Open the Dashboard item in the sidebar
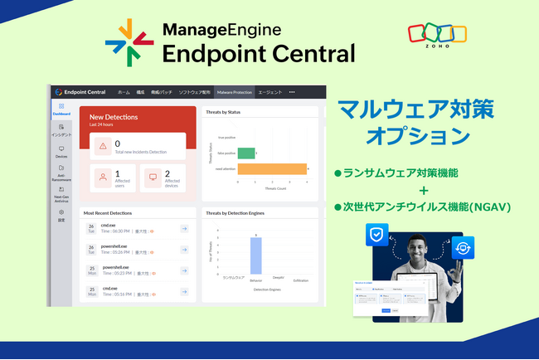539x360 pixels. click(x=61, y=109)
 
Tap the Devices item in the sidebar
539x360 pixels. click(x=61, y=152)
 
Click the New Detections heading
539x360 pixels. click(x=114, y=118)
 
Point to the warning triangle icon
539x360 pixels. click(x=103, y=146)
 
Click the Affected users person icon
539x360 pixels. click(x=103, y=177)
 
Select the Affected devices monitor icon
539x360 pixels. click(x=152, y=177)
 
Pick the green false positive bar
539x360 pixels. click(x=245, y=153)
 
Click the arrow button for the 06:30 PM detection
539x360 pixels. click(x=183, y=228)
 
